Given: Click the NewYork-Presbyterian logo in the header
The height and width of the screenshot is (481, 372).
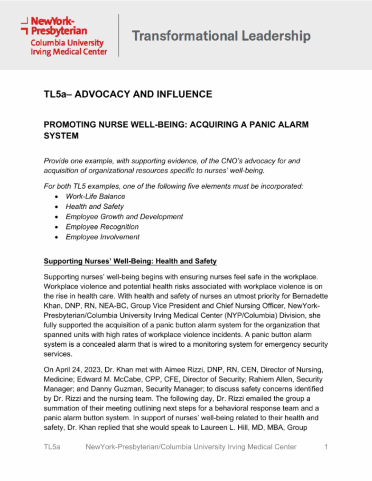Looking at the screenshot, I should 64,36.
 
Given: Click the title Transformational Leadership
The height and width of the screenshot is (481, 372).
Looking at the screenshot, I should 221,36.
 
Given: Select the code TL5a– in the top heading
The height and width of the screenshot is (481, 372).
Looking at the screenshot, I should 58,94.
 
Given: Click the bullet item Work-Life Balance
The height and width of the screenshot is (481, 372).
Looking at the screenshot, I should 95,196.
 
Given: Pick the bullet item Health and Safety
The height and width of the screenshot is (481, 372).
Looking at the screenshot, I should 94,207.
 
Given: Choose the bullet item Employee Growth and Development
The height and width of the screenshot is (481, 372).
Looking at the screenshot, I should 124,217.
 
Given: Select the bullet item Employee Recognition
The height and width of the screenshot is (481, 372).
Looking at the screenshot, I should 102,227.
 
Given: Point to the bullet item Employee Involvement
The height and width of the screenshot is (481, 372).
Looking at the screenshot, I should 102,237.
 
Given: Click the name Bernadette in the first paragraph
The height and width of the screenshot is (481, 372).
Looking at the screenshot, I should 310,296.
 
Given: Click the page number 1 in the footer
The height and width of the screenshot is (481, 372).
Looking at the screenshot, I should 326,447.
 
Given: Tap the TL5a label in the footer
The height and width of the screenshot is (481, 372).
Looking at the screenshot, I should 52,447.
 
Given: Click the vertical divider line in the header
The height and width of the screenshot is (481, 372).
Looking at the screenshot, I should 118,35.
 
